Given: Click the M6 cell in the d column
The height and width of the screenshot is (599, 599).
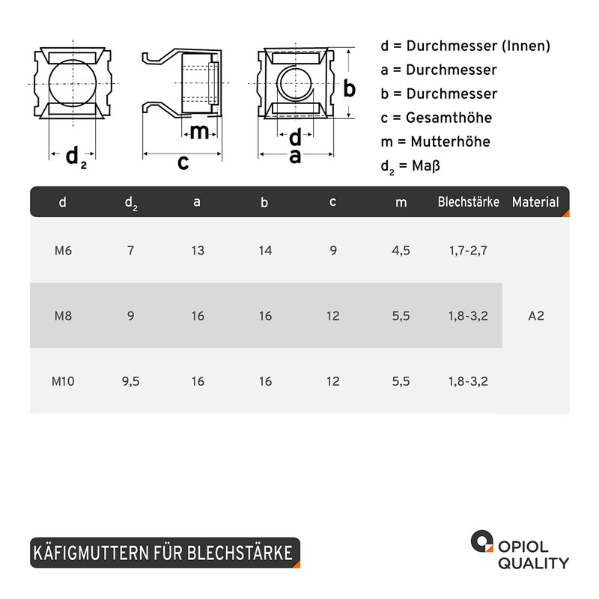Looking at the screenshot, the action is point(63,251).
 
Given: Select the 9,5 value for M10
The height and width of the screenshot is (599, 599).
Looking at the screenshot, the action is point(130,381).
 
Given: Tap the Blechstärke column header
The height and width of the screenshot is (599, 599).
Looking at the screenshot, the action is point(469,201).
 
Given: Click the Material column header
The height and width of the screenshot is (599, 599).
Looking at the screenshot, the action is point(535,201).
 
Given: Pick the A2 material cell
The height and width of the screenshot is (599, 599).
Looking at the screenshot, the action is point(536,316).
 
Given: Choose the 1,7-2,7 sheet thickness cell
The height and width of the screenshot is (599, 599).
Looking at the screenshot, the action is point(469,251).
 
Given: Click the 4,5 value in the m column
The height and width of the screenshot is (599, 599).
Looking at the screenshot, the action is point(401,251).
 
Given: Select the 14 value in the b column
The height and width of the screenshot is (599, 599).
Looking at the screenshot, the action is point(265,251).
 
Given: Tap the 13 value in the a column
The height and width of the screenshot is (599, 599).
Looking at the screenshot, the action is point(198,251).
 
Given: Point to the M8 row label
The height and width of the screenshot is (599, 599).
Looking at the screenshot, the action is point(63,316).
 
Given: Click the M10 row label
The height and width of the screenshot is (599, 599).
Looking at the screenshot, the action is point(63,381).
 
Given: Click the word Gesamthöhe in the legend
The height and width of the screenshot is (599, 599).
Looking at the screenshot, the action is point(449,118).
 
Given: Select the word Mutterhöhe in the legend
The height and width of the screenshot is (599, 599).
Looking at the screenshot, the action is point(451,142).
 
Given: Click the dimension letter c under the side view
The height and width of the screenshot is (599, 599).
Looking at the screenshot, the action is point(183,162).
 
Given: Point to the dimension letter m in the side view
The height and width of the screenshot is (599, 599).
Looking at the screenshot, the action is point(199,133).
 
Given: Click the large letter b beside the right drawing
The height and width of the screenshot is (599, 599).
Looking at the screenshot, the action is point(349,88).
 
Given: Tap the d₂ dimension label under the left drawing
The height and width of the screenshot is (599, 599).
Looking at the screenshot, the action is point(76,156).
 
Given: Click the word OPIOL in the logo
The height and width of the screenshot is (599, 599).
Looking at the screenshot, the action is point(523,547).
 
